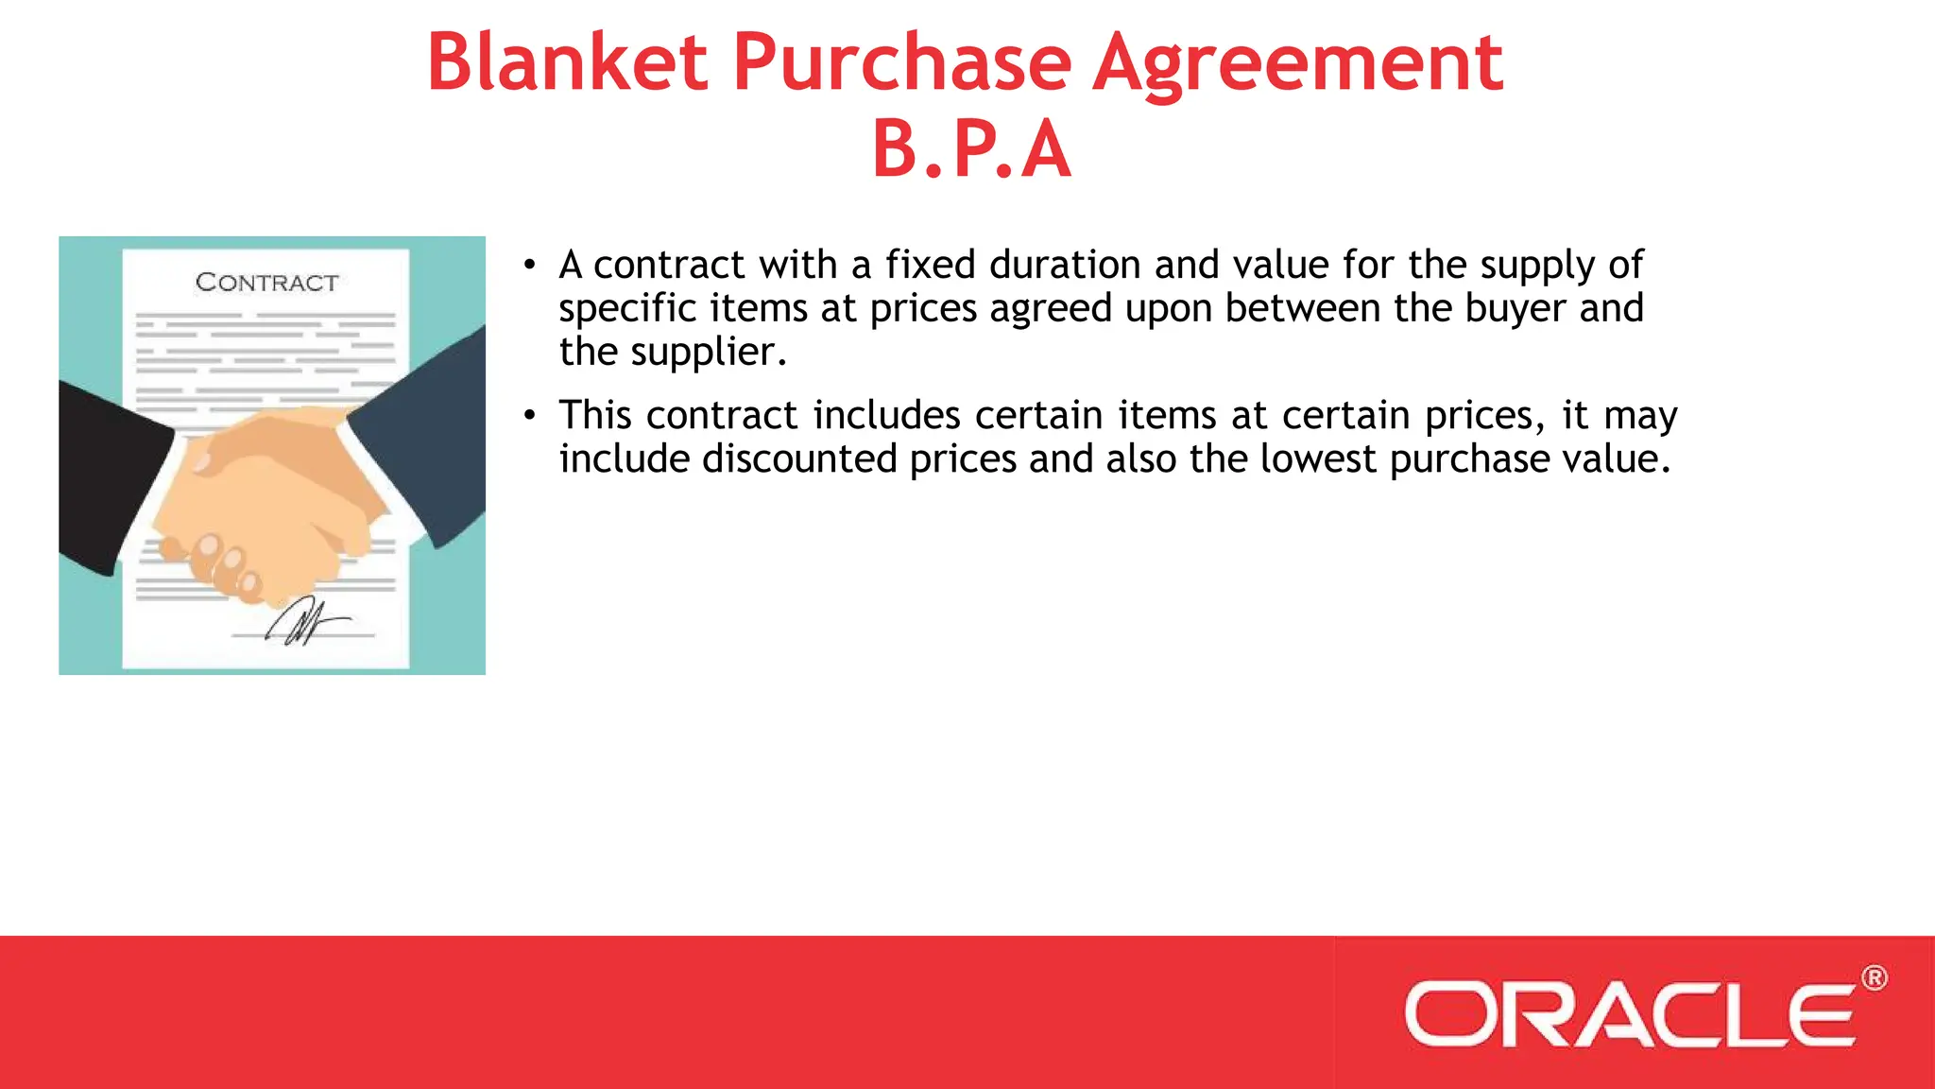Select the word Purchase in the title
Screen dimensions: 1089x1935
coord(902,62)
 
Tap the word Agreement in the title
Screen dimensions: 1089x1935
coord(1297,62)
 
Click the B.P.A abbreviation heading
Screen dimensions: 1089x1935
coord(971,149)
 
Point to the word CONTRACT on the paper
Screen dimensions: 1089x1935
coord(266,283)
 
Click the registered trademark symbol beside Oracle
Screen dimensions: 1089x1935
coord(1874,978)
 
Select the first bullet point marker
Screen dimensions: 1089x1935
coord(530,266)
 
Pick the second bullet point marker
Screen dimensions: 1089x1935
coord(530,415)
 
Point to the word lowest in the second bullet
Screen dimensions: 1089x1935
coord(1318,459)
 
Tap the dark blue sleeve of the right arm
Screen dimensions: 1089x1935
coord(425,425)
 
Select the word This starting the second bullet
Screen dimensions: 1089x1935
coord(595,416)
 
